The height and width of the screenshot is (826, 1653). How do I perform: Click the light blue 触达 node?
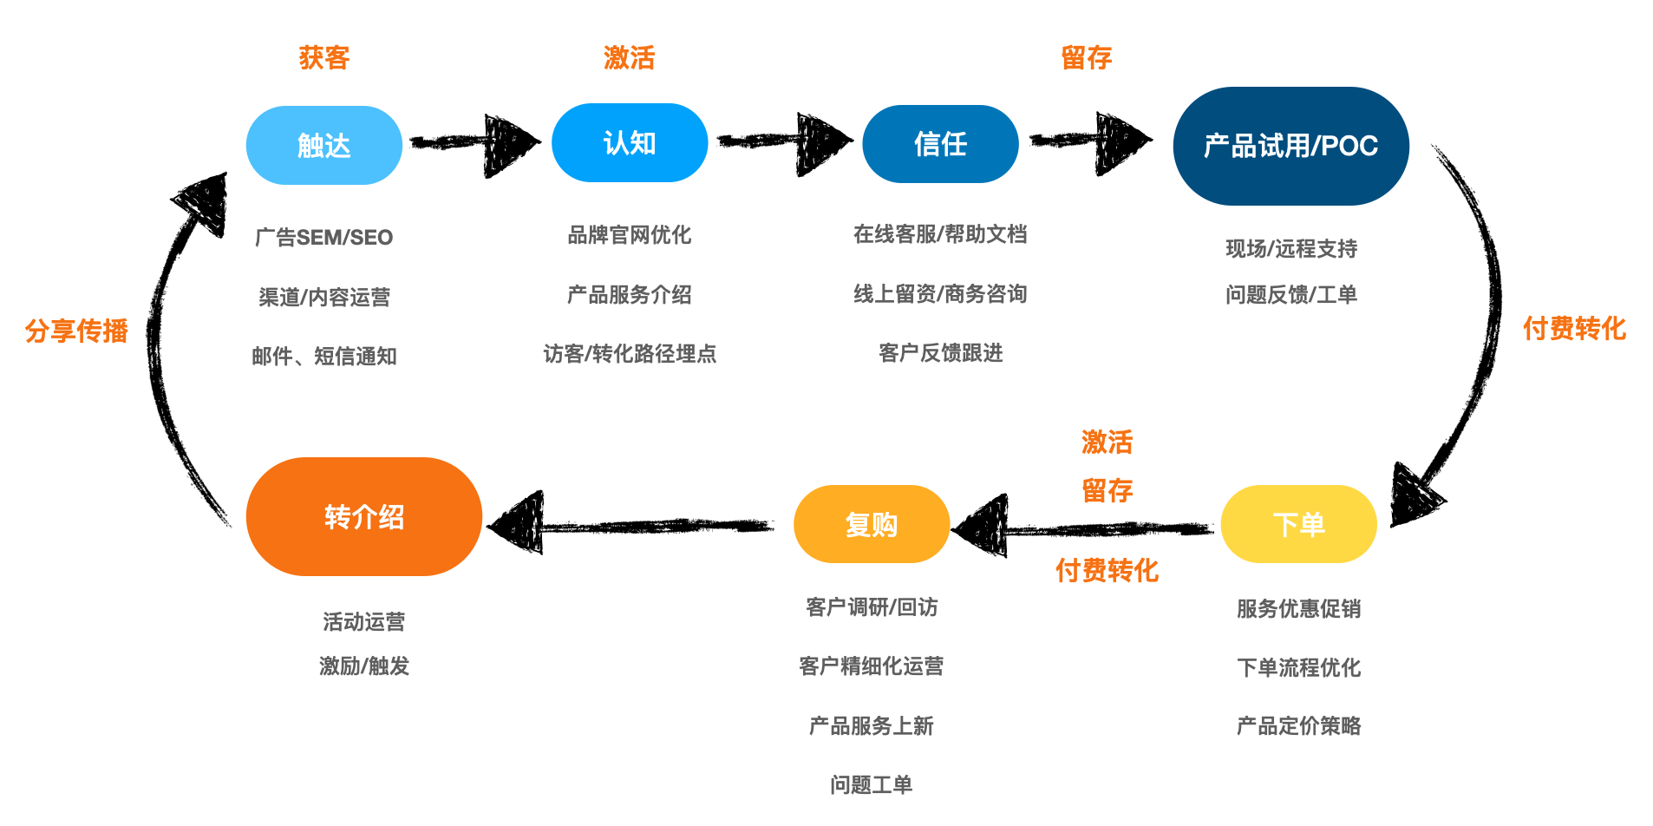click(x=323, y=145)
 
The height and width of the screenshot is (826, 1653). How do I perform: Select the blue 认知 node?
click(x=629, y=143)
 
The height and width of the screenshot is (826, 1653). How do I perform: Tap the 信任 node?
click(x=940, y=144)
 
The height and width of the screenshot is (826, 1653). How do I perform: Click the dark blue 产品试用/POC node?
click(x=1290, y=146)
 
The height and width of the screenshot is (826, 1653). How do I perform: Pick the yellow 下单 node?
click(x=1298, y=524)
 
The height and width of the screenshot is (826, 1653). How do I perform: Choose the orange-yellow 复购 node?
click(x=871, y=524)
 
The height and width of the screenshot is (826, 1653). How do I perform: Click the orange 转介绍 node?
click(x=363, y=517)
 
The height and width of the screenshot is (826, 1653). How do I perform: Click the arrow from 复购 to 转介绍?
click(x=633, y=525)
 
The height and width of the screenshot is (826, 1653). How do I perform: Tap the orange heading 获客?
click(x=323, y=58)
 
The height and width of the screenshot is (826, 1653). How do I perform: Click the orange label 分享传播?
click(x=76, y=331)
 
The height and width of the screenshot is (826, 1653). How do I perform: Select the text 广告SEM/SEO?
click(x=323, y=238)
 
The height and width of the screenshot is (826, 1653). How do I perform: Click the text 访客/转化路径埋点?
click(x=629, y=354)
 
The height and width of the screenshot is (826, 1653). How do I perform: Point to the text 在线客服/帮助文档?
click(x=940, y=234)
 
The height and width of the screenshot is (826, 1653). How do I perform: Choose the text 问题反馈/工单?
click(x=1290, y=295)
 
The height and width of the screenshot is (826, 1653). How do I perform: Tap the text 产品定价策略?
click(x=1298, y=726)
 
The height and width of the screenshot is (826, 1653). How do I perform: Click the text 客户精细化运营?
click(x=871, y=666)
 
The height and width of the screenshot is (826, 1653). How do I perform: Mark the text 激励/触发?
click(x=363, y=666)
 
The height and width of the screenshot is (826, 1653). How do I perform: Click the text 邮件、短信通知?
click(x=323, y=357)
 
